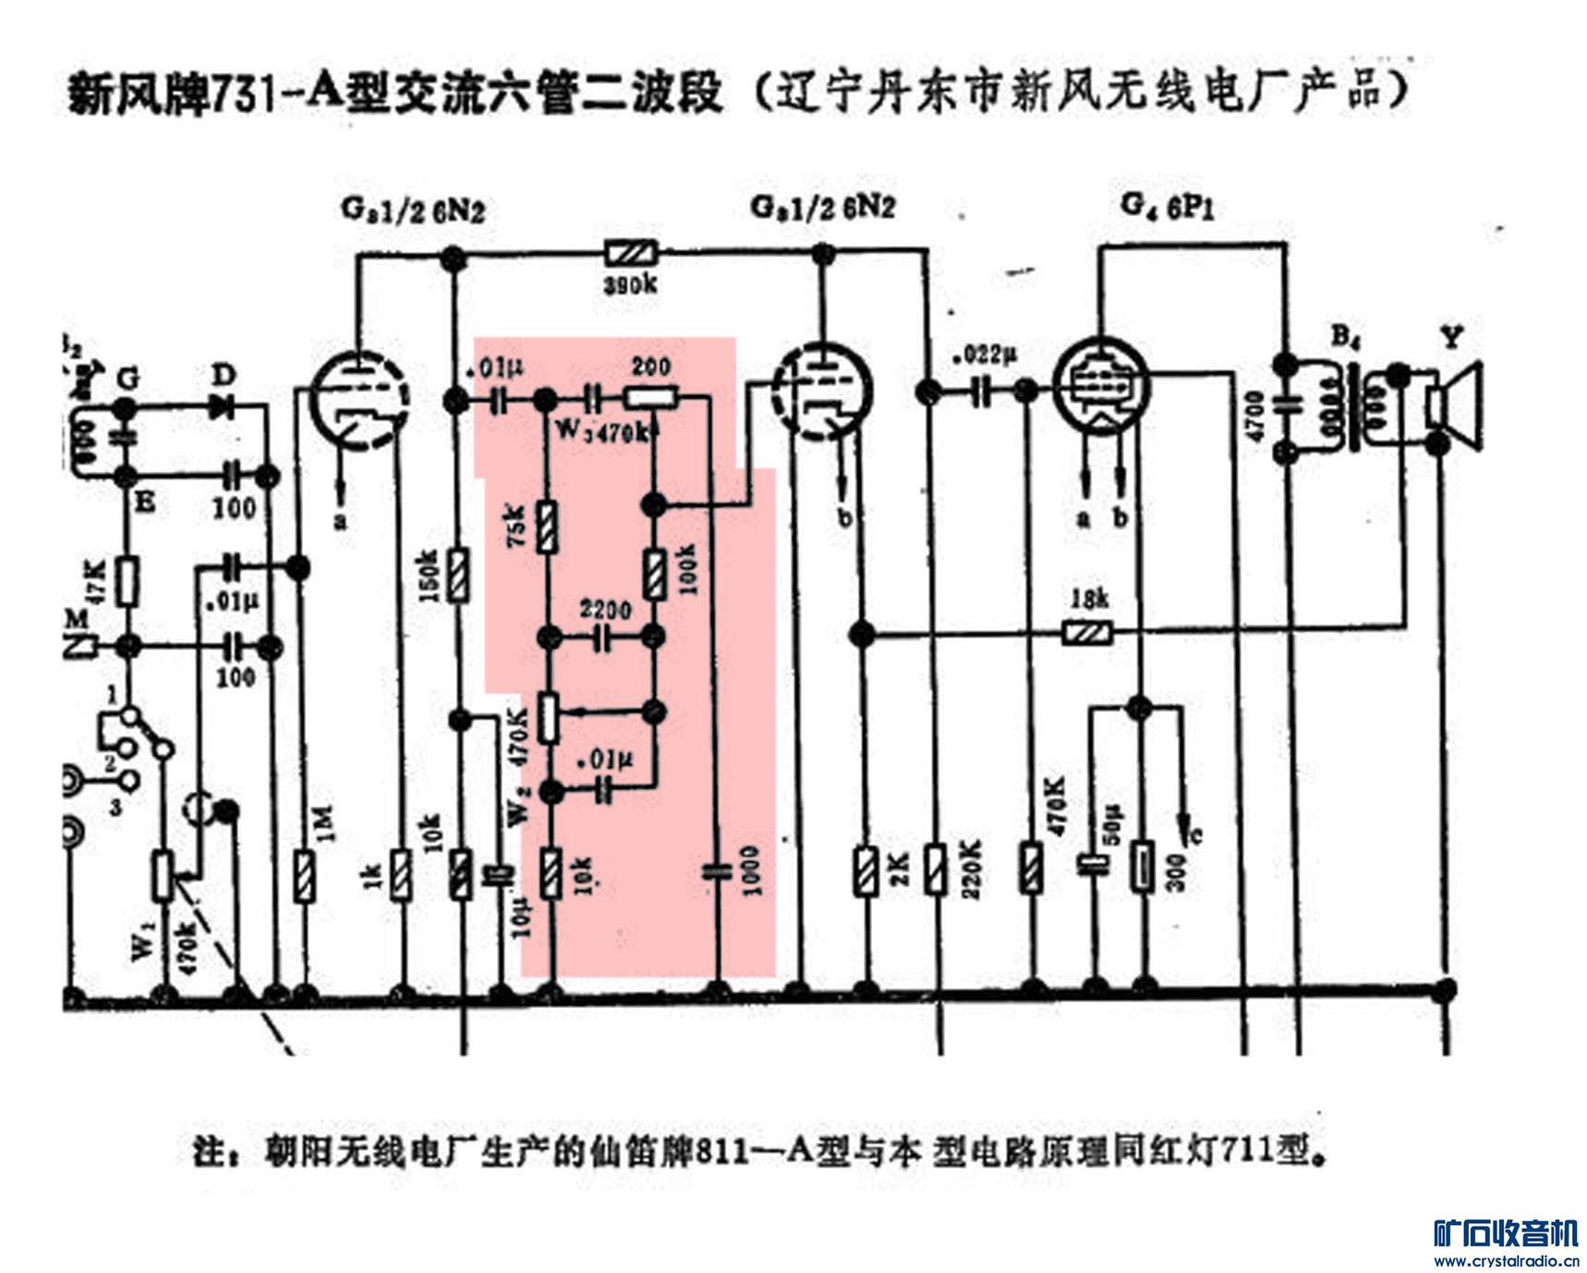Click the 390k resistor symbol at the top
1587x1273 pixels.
pos(630,252)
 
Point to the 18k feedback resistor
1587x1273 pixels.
pos(1087,634)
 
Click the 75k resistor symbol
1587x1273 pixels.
pos(547,527)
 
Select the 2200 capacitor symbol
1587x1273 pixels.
pos(602,636)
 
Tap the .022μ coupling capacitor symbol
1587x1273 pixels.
pos(980,393)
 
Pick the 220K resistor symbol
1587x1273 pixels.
pos(936,869)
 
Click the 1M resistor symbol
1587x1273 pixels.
pos(303,876)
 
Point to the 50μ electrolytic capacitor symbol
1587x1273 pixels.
pos(1093,865)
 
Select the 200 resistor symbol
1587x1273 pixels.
pos(651,399)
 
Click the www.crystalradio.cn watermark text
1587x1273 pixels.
pos(1505,1260)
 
